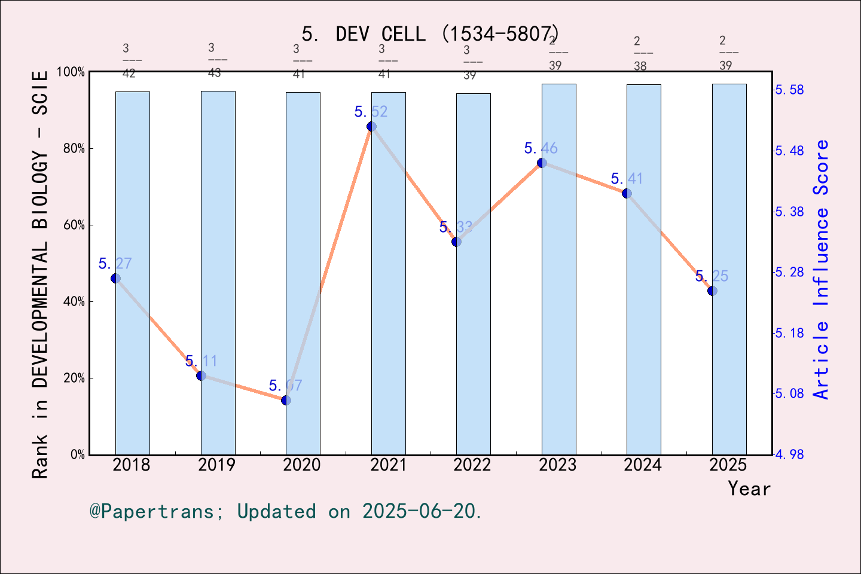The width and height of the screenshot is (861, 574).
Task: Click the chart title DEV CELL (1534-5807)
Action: point(430,34)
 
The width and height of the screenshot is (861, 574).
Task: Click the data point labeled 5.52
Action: point(371,127)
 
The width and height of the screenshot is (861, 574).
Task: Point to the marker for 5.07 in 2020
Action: point(286,400)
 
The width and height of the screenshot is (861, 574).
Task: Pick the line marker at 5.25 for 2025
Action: point(712,291)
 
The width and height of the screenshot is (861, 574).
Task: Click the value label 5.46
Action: point(541,148)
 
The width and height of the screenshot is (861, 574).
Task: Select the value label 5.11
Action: point(201,361)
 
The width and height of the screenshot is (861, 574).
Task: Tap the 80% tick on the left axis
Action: point(74,149)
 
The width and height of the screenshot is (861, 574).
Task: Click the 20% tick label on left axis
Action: point(74,378)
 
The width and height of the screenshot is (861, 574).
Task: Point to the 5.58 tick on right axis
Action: point(789,90)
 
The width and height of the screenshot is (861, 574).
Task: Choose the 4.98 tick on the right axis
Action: point(789,454)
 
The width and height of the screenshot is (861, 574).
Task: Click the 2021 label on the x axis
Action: point(388,465)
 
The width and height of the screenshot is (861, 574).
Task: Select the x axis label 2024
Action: point(643,465)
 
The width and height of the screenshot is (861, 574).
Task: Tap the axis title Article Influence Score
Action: point(822,269)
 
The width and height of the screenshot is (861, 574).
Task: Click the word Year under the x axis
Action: point(749,488)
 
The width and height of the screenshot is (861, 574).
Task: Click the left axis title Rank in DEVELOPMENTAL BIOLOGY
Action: point(39,275)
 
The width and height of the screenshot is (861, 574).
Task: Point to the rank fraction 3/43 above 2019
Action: point(217,60)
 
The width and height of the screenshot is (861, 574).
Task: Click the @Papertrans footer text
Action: point(285,511)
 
